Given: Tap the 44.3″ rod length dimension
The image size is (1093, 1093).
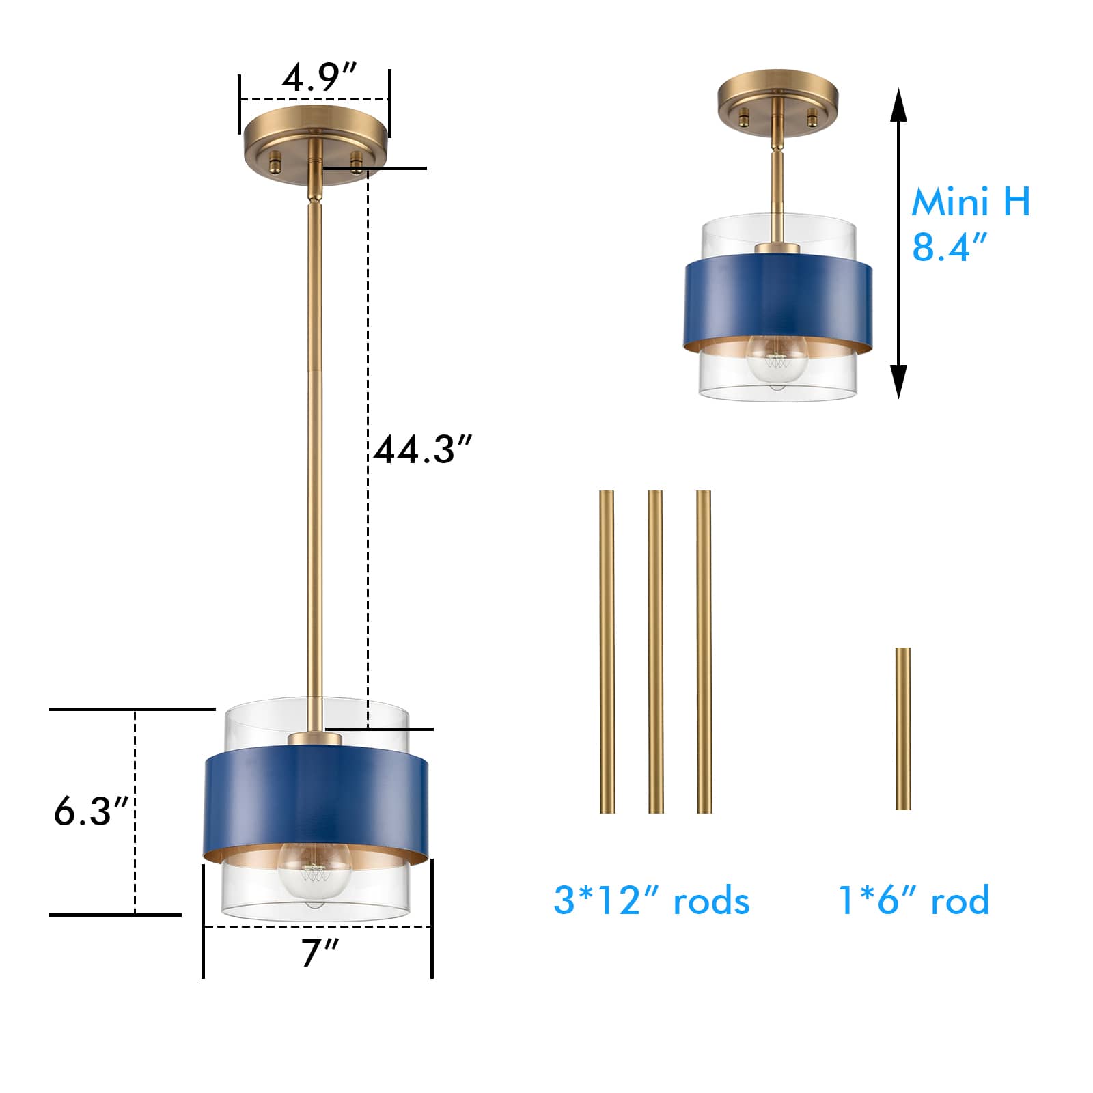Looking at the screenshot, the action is coord(423,449).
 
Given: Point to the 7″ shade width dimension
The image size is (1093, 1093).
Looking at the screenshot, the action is coord(320,953).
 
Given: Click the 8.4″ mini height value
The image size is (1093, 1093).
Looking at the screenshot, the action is coord(950,247).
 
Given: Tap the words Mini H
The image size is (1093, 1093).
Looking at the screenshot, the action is coord(971,202).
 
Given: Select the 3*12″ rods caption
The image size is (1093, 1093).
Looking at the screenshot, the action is coord(652,900).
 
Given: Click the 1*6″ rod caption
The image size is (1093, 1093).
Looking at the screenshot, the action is coord(913,900).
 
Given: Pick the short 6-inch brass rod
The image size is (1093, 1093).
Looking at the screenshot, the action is coord(903,729).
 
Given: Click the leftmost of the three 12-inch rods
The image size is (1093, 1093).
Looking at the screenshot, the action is coord(607,652).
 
